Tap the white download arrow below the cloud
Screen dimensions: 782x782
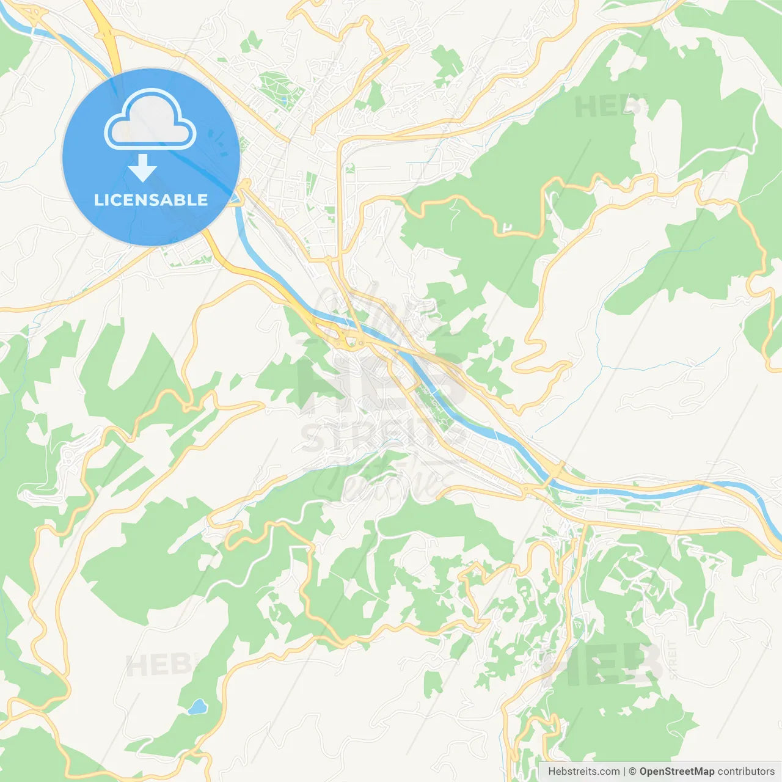tap(142, 168)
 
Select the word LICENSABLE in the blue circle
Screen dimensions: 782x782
tap(151, 200)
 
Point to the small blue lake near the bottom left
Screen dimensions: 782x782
tap(197, 707)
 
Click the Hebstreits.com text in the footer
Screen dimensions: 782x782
tap(583, 772)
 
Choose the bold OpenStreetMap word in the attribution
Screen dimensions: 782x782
tap(676, 772)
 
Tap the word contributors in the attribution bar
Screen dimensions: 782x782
tap(746, 772)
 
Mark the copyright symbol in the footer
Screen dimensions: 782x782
tap(632, 772)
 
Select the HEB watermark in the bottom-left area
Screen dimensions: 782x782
tap(161, 665)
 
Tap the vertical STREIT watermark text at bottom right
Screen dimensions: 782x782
tap(673, 660)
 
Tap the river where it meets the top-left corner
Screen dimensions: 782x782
tap(12, 18)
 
